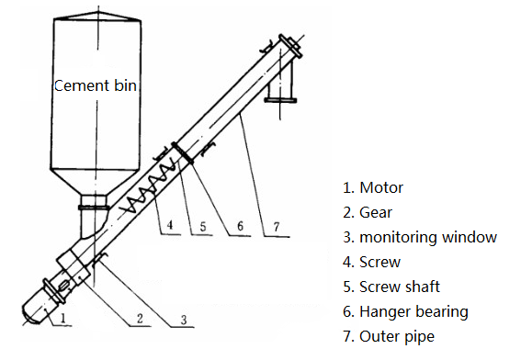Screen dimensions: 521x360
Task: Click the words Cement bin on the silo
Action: [x=96, y=85]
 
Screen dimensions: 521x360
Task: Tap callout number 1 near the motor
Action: [x=63, y=318]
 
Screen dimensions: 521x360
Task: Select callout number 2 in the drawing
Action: [x=140, y=318]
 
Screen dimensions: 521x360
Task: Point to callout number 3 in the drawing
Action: [x=184, y=320]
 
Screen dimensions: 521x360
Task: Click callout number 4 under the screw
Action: [x=170, y=225]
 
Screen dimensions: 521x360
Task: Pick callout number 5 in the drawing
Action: [x=203, y=227]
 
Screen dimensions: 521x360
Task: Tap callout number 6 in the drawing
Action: [x=240, y=226]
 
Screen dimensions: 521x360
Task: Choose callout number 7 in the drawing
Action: [x=277, y=227]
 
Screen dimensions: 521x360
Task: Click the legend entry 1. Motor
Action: [x=373, y=187]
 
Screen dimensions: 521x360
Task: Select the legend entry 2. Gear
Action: [x=368, y=212]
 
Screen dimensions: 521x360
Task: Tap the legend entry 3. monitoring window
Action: [x=420, y=237]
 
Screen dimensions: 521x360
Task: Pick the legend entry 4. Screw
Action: [x=372, y=262]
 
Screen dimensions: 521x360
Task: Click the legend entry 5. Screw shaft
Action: [x=391, y=287]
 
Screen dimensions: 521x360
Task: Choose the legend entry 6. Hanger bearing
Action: [x=406, y=311]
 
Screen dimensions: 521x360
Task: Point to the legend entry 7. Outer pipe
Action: [x=389, y=336]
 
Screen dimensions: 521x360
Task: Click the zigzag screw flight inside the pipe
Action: [x=148, y=186]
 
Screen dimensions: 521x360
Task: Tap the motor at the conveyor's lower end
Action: [x=38, y=308]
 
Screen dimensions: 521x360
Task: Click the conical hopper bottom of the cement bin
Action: [x=95, y=182]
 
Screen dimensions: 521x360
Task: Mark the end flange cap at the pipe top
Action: [x=290, y=46]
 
